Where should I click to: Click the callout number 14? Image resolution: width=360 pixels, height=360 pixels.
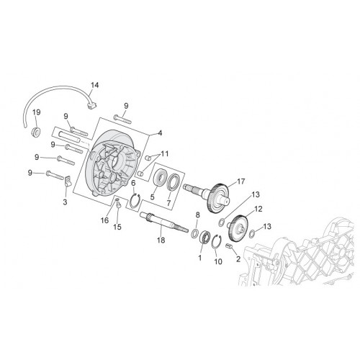(94, 85)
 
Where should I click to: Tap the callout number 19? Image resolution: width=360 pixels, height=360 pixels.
(37, 112)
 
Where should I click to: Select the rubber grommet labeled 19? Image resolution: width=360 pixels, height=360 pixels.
(36, 132)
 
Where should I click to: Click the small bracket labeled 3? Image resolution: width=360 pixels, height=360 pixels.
(68, 182)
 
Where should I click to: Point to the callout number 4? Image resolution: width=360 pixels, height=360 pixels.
(160, 132)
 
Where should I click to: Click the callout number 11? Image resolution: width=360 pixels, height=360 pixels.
(165, 153)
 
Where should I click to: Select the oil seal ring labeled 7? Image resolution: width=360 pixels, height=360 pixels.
(173, 180)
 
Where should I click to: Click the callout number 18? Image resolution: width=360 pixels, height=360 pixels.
(161, 240)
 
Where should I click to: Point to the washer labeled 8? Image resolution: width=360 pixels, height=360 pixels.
(195, 233)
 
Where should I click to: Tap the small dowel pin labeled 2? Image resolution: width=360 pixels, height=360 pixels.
(230, 246)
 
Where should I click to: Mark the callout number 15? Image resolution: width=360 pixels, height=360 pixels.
(117, 227)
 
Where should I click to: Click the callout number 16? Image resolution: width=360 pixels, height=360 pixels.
(105, 220)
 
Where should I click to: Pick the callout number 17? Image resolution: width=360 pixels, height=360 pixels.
(240, 181)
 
